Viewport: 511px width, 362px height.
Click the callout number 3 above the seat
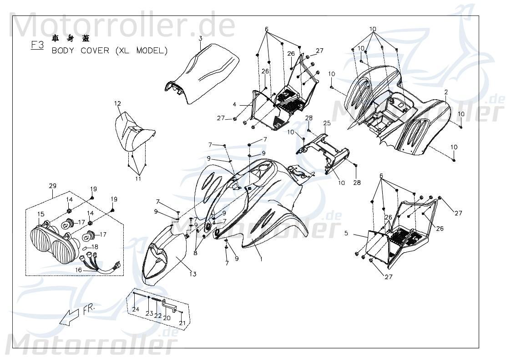click(x=200, y=39)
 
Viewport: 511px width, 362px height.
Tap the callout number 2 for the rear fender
click(x=446, y=92)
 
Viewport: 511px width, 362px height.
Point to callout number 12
click(x=117, y=104)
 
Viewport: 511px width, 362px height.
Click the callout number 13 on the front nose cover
click(x=193, y=274)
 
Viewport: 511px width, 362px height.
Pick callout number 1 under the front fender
click(x=261, y=259)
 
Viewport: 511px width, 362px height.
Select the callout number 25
click(x=339, y=123)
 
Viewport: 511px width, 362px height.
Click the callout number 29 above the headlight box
click(x=52, y=185)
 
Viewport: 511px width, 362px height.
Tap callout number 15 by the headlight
click(x=40, y=214)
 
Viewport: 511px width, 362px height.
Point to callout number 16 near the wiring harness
click(x=78, y=270)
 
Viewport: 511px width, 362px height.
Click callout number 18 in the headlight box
click(x=95, y=247)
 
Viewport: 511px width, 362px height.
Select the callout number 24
click(x=136, y=310)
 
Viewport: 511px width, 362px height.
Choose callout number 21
click(x=182, y=323)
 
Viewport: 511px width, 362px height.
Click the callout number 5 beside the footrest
click(x=346, y=234)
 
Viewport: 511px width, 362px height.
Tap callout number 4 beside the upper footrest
click(x=234, y=104)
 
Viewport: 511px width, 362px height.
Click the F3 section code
click(x=37, y=45)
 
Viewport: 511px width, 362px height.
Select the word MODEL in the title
click(x=152, y=50)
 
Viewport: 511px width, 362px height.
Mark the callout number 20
click(x=167, y=318)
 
